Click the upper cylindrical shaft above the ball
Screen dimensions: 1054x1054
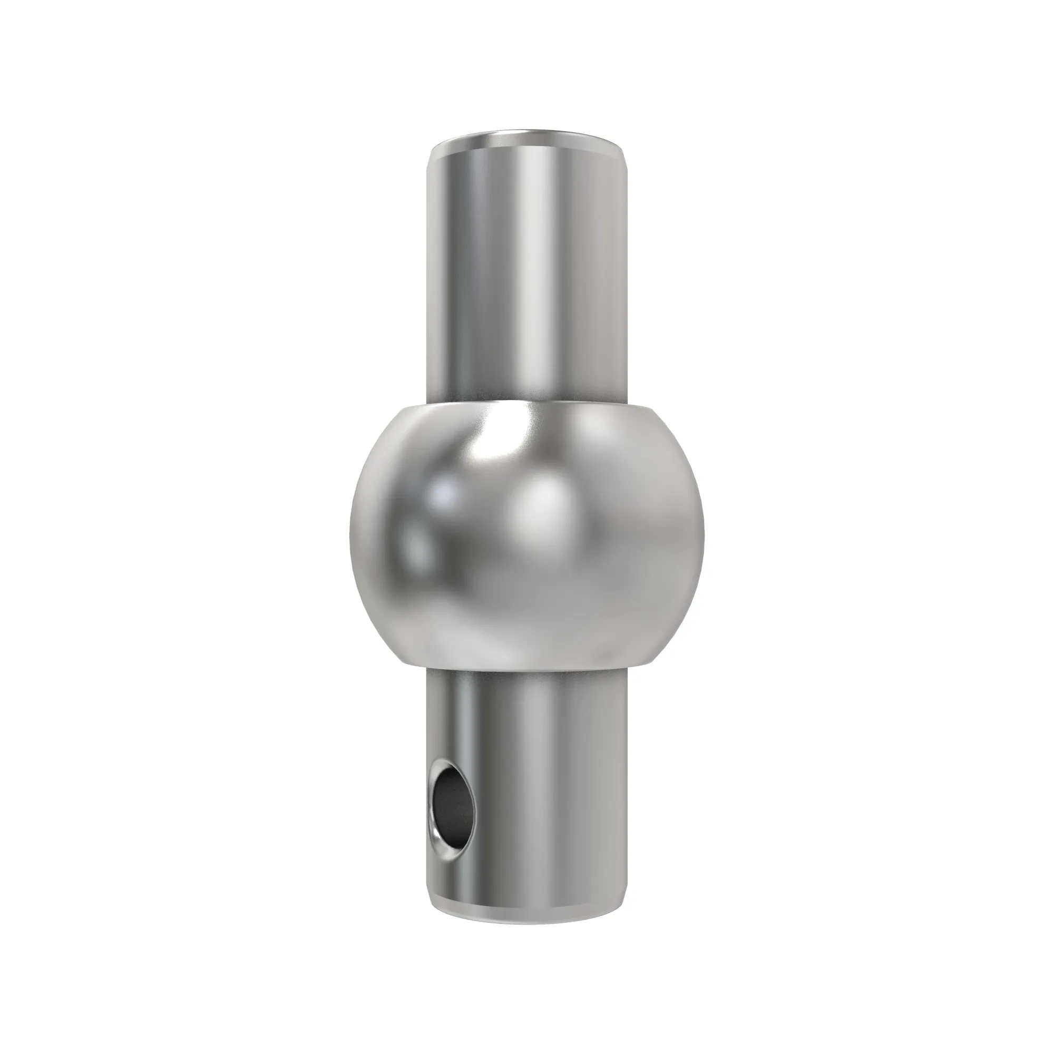pyautogui.click(x=526, y=273)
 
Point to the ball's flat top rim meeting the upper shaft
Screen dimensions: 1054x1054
pyautogui.click(x=526, y=404)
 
